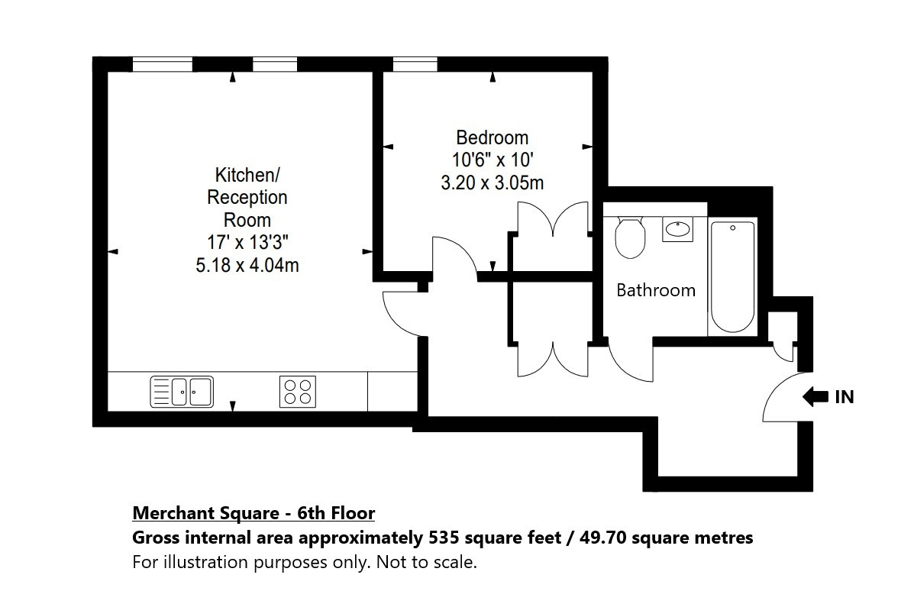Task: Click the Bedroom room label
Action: [x=492, y=137]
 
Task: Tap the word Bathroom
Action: [x=656, y=289]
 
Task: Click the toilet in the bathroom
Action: [x=629, y=237]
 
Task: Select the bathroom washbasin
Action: [x=677, y=229]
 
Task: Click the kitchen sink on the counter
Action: [x=182, y=391]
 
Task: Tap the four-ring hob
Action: [x=297, y=391]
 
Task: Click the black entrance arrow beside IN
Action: [x=815, y=397]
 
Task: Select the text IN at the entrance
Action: [x=845, y=397]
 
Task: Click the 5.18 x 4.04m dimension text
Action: [x=247, y=265]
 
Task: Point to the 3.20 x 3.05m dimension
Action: [x=492, y=182]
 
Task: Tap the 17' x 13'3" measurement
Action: [x=247, y=242]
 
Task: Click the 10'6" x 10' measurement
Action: [x=493, y=160]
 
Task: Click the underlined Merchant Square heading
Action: [x=254, y=513]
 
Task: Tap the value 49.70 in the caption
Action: [x=602, y=537]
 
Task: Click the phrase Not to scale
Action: [x=427, y=562]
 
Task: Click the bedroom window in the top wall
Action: [x=415, y=64]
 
